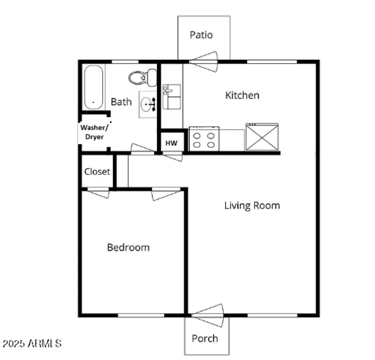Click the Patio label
201,35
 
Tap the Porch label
205,338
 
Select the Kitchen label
242,96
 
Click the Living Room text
252,205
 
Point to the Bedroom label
128,247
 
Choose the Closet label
97,172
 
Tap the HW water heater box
172,143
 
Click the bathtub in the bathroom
94,87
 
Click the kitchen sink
172,97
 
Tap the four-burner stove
204,139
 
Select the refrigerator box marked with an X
262,137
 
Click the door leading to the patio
204,61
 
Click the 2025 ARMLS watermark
32,344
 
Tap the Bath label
121,102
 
